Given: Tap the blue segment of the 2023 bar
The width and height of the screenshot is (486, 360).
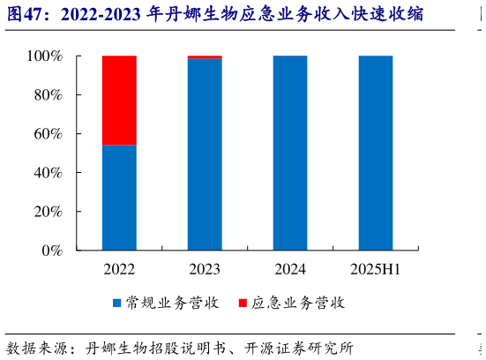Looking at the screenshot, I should tap(205, 154).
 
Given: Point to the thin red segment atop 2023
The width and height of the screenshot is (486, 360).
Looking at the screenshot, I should tap(205, 56).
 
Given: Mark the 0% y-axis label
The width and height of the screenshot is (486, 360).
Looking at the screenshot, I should tap(51, 251).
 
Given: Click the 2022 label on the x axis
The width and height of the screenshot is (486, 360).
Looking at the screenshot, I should tap(119, 268).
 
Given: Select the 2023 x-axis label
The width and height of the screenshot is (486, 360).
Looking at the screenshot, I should tap(205, 268).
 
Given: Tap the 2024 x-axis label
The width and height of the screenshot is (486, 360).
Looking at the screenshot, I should tap(290, 268).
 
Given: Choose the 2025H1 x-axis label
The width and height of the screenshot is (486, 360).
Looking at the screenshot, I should tap(376, 268).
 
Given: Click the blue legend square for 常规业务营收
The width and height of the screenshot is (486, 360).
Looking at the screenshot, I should tap(116, 304).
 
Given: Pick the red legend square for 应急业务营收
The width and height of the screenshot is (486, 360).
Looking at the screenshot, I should tap(243, 304).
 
